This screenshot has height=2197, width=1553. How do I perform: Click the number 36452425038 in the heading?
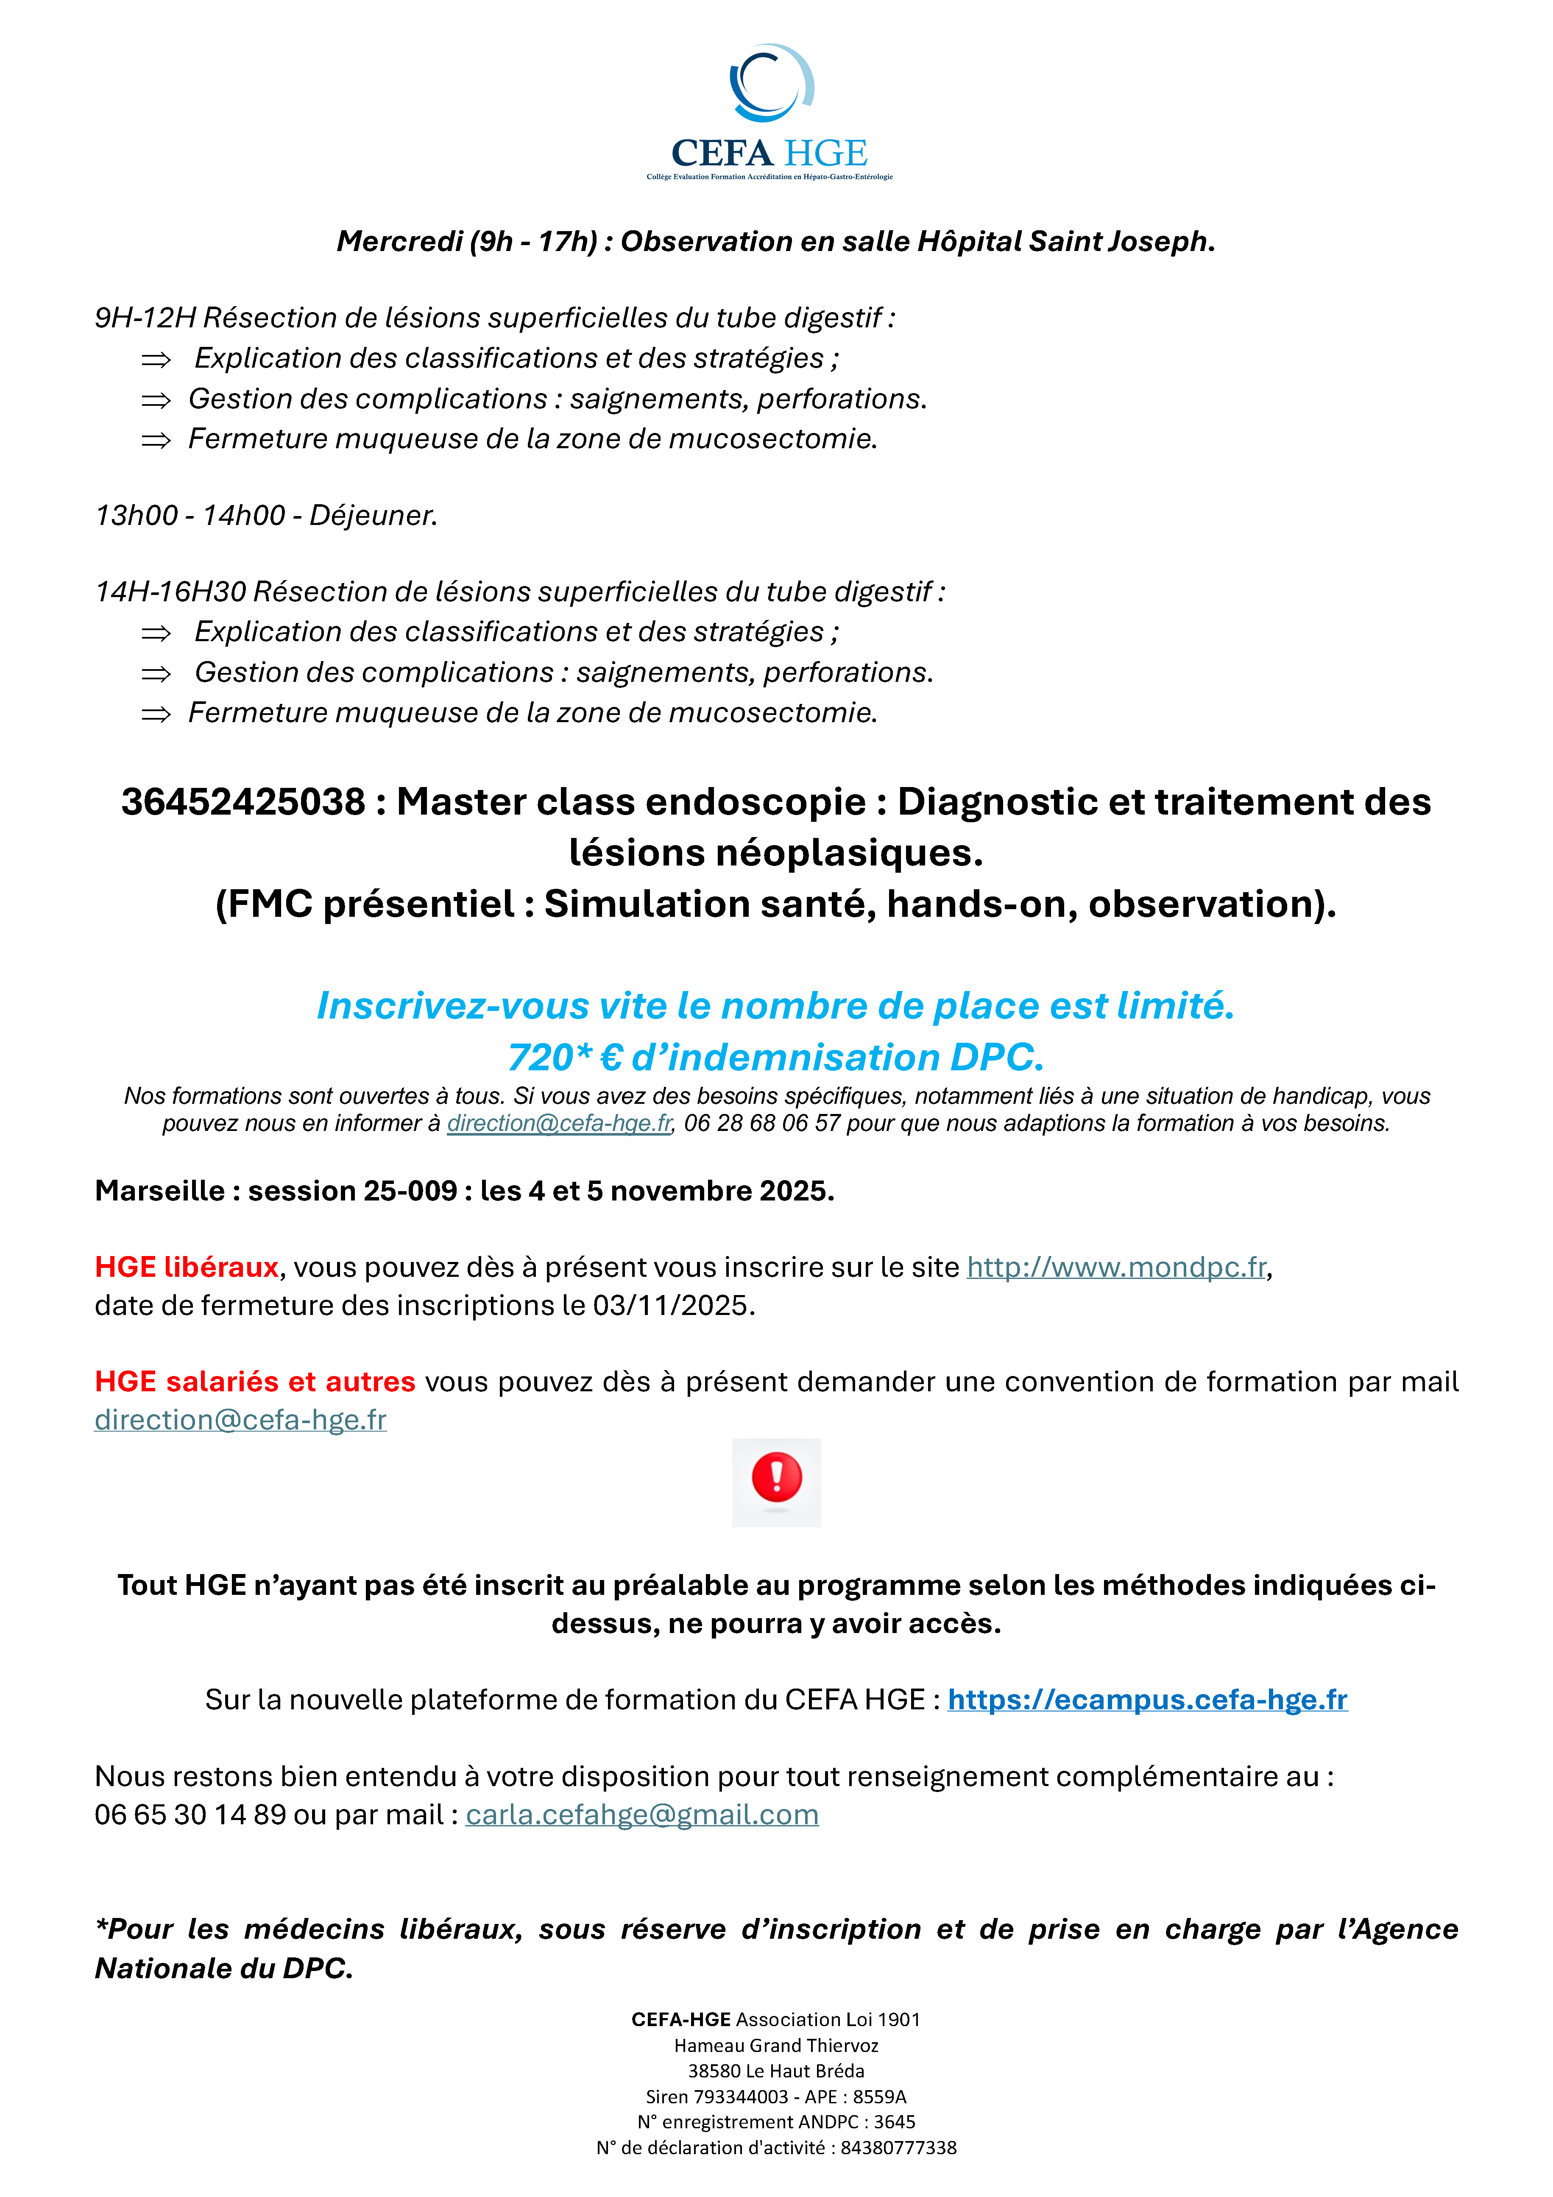243,802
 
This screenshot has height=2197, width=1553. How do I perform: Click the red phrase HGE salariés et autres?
254,1382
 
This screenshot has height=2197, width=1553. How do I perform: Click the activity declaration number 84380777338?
898,2147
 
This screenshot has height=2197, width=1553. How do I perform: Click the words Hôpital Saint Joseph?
1065,241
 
